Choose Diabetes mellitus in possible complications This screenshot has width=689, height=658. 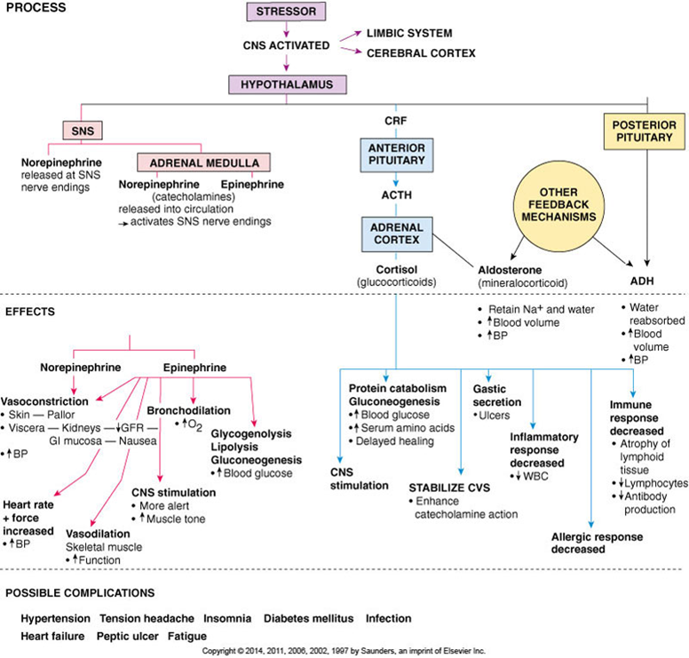tap(308, 618)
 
